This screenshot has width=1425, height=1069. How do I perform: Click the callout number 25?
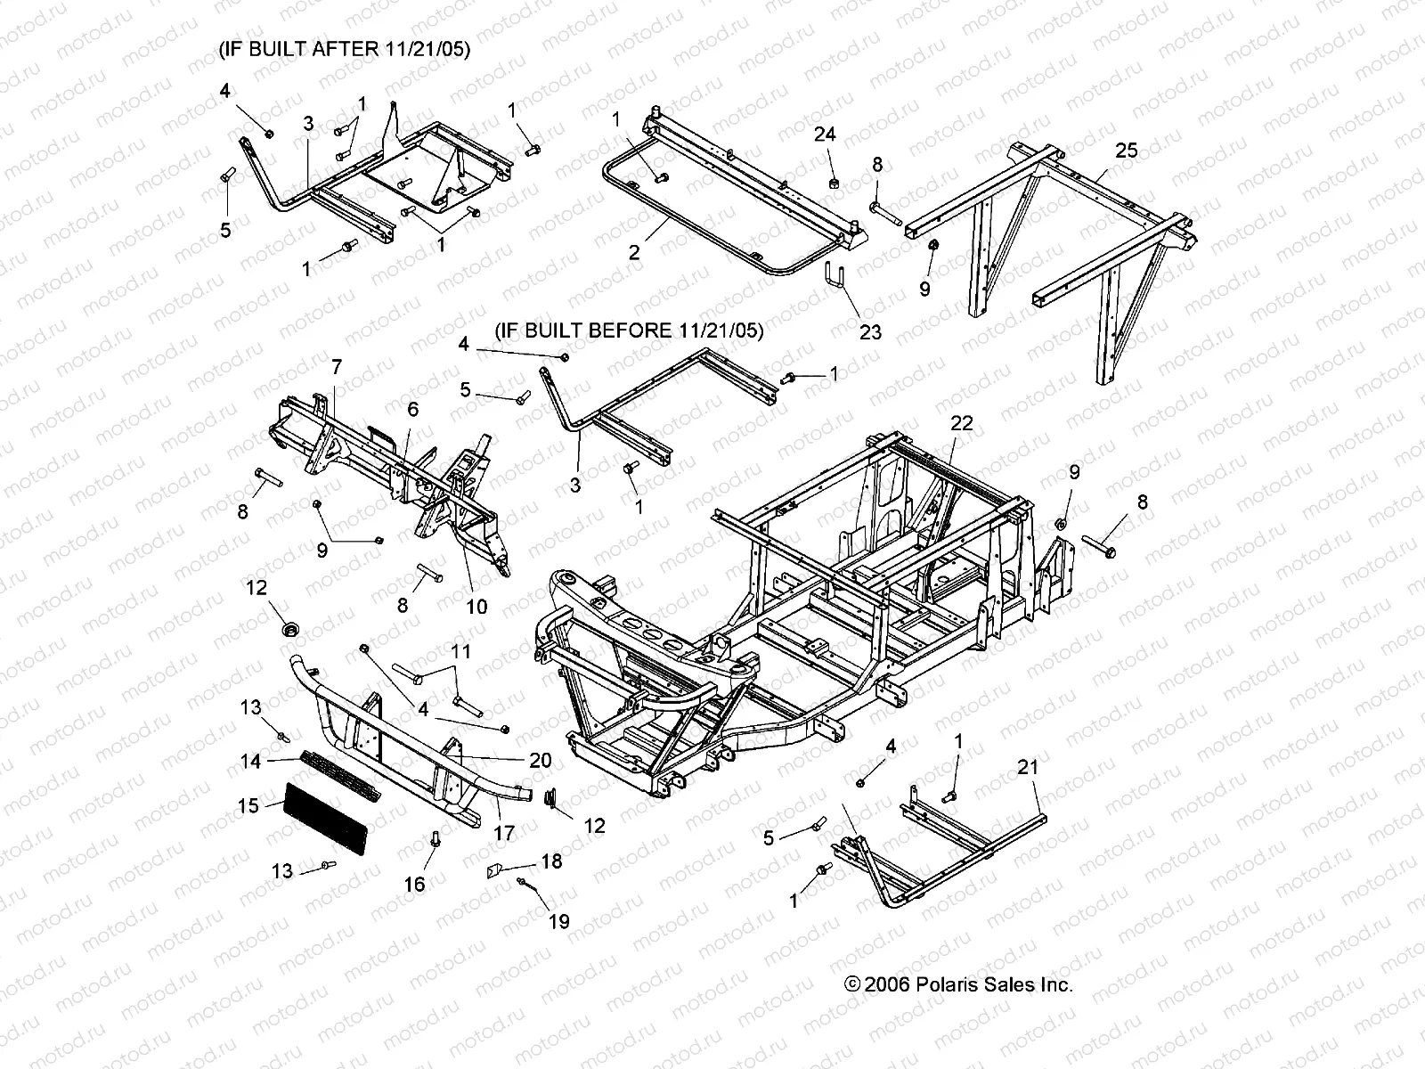click(1127, 151)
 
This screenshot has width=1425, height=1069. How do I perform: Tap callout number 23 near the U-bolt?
click(870, 331)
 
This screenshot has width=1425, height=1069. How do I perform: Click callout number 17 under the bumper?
click(504, 834)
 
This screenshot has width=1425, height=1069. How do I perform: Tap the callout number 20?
click(540, 760)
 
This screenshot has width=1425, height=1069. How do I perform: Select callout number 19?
click(558, 922)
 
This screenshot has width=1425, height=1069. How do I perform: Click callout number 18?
click(551, 861)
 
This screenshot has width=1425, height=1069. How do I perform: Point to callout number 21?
click(1028, 766)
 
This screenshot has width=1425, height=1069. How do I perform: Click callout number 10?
click(476, 607)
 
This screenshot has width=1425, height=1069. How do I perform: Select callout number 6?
click(412, 409)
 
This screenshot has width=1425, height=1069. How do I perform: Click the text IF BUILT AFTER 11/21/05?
click(345, 48)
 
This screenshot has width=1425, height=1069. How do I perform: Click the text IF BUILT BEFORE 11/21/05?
click(629, 330)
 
